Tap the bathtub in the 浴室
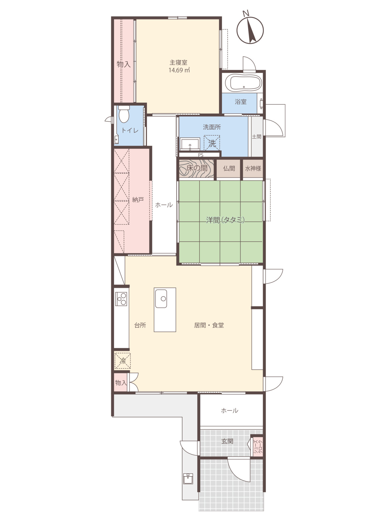point(244,83)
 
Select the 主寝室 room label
point(178,63)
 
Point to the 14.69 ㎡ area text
point(179,70)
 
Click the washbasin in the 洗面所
point(190,144)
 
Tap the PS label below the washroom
point(201,155)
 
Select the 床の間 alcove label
point(197,168)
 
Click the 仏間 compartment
point(229,168)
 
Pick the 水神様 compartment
point(253,168)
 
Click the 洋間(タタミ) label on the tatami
point(225,220)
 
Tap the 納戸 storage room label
point(138,200)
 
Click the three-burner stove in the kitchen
point(121,299)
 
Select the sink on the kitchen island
point(161,298)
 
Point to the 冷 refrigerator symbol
point(123,360)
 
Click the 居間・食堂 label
point(209,325)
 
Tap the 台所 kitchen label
point(140,325)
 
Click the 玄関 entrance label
point(227,441)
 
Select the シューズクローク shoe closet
point(257,447)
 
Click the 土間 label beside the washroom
point(256,137)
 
